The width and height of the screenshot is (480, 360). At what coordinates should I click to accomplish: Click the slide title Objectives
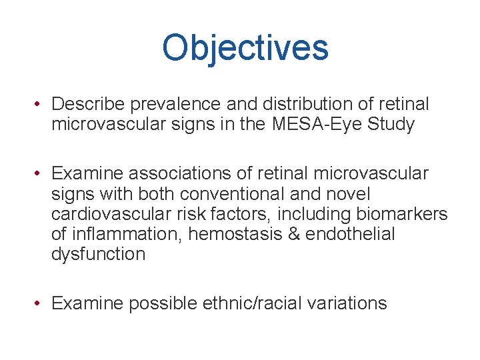[x=245, y=48]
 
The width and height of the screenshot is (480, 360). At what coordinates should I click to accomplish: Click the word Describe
[x=89, y=105]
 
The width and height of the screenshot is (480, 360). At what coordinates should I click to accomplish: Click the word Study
[x=391, y=124]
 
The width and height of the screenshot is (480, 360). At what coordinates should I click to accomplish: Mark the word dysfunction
[x=98, y=254]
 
